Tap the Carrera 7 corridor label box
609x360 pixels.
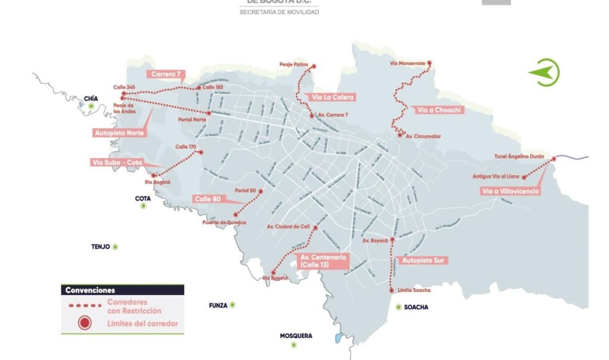coord(166,74)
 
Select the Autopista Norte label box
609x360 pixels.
coord(119,133)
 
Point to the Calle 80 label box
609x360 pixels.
coord(207,199)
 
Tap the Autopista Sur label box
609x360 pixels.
coord(425,260)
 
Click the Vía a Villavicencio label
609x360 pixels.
coord(511,191)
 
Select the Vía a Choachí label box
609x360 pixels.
coord(438,110)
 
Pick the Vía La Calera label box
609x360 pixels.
coord(333,97)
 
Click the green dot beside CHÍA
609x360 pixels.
coord(92,107)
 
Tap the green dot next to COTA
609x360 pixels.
coord(143,206)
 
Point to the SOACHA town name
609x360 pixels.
coord(416,308)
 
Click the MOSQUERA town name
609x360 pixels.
coord(296,336)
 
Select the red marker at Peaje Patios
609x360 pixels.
coord(314,67)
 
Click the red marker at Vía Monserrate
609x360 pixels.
coord(429,63)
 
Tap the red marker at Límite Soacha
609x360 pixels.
coord(391,290)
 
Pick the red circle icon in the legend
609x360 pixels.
coord(85,323)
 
